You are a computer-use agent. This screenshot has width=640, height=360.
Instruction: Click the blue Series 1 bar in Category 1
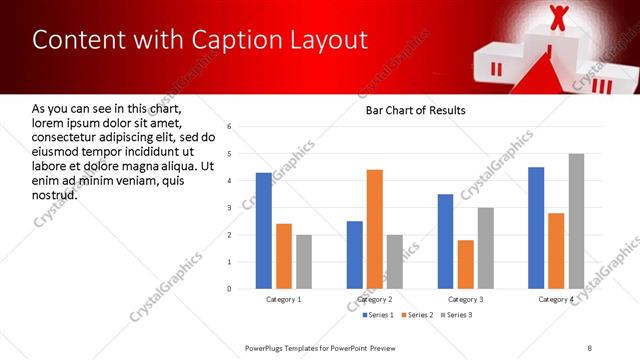(x=264, y=231)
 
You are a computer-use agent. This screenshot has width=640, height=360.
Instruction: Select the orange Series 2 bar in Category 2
(x=375, y=229)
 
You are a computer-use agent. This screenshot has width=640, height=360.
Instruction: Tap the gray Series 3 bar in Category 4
(x=576, y=221)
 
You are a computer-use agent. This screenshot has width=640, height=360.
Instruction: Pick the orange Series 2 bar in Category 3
(x=465, y=264)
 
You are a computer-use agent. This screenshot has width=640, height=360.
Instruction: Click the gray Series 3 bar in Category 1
(x=304, y=262)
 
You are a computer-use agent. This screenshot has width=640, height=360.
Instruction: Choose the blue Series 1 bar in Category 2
(x=355, y=255)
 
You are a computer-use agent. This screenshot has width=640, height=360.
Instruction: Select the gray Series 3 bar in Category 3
(x=485, y=248)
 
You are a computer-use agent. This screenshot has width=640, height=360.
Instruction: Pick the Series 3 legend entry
(x=458, y=315)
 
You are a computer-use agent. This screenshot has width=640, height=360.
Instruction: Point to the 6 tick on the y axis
(x=229, y=127)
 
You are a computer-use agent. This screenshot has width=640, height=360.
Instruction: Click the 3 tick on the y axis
(x=229, y=208)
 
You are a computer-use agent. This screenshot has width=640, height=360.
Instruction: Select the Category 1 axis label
(x=284, y=299)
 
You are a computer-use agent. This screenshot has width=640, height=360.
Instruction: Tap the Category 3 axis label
(x=465, y=299)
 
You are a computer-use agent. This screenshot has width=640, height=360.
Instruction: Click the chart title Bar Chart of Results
(x=415, y=109)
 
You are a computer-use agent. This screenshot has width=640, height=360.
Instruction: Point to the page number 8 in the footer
(x=590, y=347)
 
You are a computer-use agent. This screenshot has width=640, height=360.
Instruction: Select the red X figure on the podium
(x=558, y=17)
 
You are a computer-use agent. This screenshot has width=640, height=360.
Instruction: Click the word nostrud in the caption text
(x=55, y=193)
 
